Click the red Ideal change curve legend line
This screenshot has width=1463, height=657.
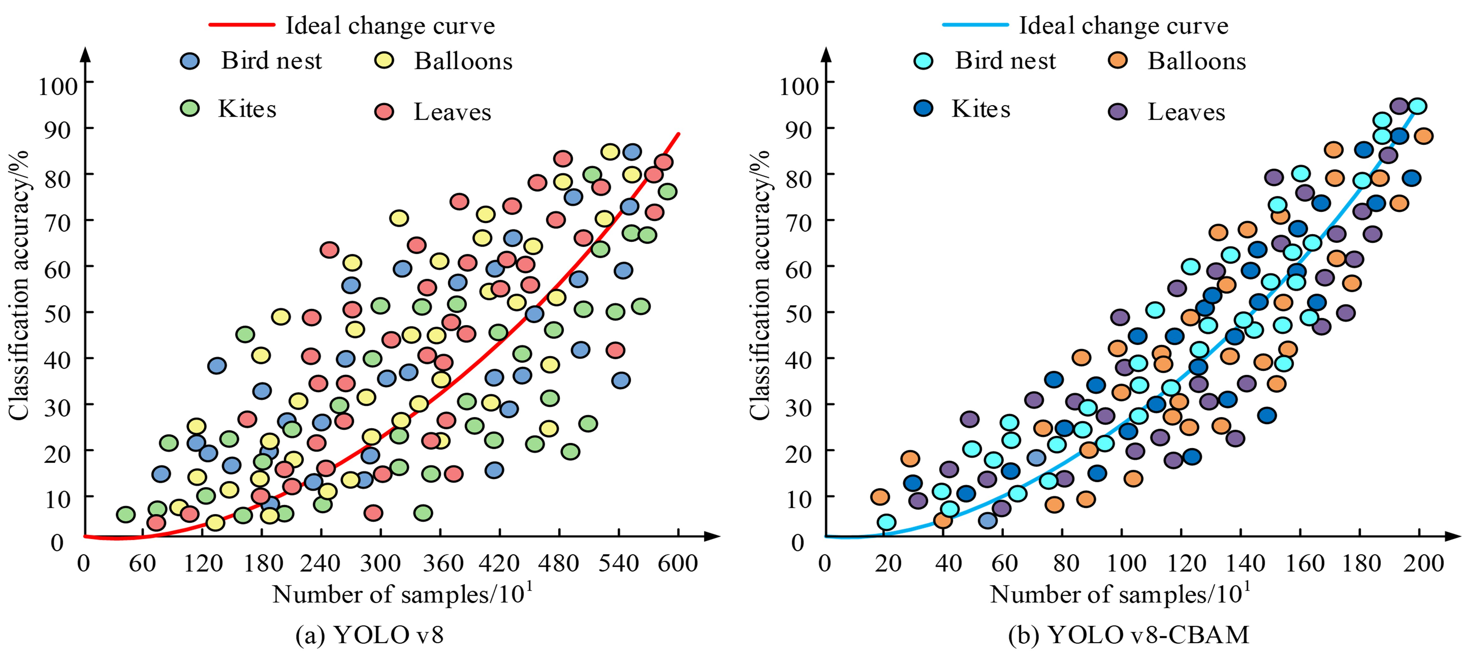pyautogui.click(x=242, y=25)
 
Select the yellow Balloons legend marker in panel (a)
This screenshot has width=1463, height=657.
pyautogui.click(x=384, y=60)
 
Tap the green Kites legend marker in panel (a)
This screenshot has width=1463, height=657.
pyautogui.click(x=190, y=108)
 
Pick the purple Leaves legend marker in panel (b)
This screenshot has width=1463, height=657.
pyautogui.click(x=1118, y=111)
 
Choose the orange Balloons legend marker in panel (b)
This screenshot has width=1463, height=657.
pyautogui.click(x=1118, y=60)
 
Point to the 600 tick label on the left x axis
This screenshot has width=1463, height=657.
pyautogui.click(x=677, y=563)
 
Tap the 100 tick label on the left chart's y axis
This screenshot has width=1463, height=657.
pyautogui.click(x=57, y=86)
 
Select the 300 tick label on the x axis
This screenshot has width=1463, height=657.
pyautogui.click(x=380, y=563)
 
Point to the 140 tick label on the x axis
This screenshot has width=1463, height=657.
pyautogui.click(x=1245, y=563)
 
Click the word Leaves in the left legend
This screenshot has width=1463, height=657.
pyautogui.click(x=452, y=112)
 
